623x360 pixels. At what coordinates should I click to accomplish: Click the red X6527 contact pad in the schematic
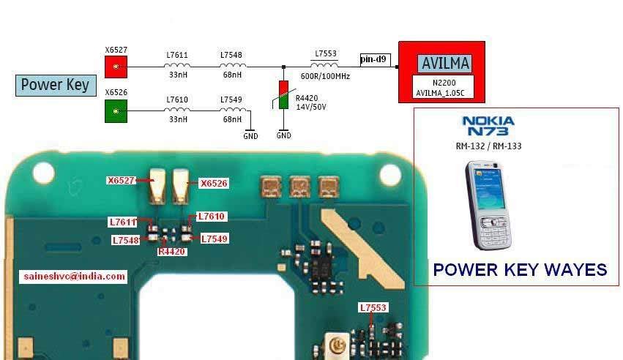pyautogui.click(x=115, y=67)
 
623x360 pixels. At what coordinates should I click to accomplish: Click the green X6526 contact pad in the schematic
pyautogui.click(x=115, y=111)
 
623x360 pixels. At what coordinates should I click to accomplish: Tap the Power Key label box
pyautogui.click(x=56, y=85)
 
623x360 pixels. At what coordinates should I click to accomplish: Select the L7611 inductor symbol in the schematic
pyautogui.click(x=176, y=67)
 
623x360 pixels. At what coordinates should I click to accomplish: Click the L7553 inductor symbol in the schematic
pyautogui.click(x=326, y=66)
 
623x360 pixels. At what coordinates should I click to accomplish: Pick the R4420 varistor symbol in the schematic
pyautogui.click(x=283, y=96)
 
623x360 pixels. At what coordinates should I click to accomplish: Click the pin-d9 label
pyautogui.click(x=375, y=59)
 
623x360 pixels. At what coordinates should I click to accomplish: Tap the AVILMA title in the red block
pyautogui.click(x=445, y=63)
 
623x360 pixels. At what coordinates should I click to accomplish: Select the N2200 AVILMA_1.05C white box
pyautogui.click(x=442, y=88)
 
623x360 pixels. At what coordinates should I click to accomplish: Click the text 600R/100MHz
pyautogui.click(x=326, y=77)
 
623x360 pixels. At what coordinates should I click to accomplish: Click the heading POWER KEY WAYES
pyautogui.click(x=520, y=270)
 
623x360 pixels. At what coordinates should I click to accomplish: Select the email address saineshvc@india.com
pyautogui.click(x=73, y=277)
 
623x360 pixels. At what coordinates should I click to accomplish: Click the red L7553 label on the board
pyautogui.click(x=373, y=308)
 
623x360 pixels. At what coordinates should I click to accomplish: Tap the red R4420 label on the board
pyautogui.click(x=172, y=252)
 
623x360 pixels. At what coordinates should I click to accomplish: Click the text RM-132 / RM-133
pyautogui.click(x=488, y=146)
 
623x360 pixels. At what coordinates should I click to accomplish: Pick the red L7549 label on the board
pyautogui.click(x=214, y=239)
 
